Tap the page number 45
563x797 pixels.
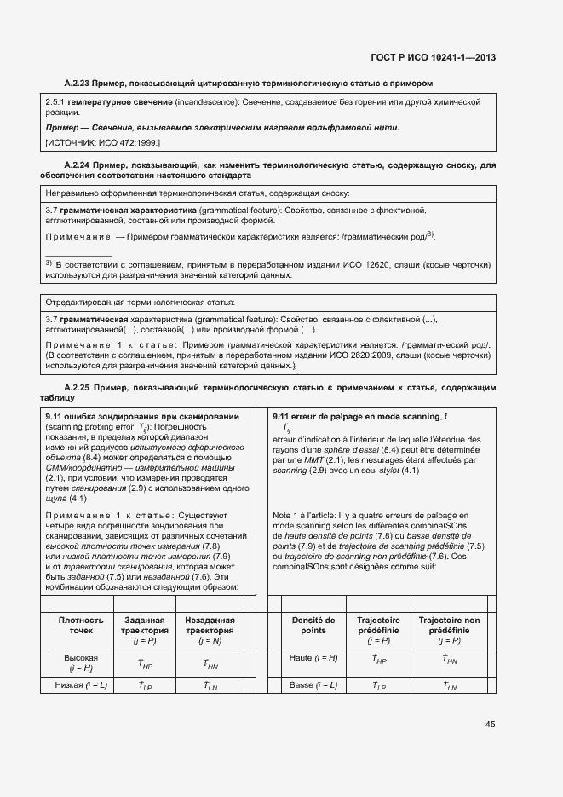490,725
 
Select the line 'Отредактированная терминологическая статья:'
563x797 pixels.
140,303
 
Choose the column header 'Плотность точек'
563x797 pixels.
81,626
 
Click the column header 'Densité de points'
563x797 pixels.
313,626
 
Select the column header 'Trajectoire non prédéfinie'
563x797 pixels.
449,626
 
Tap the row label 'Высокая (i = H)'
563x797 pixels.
81,662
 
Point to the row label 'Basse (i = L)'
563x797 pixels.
313,685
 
